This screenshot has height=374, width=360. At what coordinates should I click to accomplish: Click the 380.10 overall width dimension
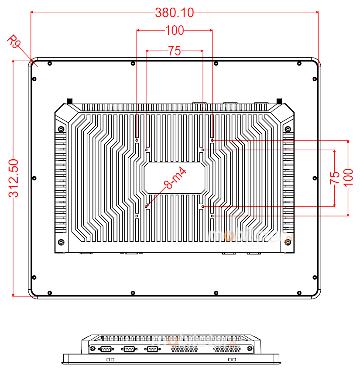click(174, 13)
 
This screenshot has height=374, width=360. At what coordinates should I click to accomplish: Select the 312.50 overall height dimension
click(14, 178)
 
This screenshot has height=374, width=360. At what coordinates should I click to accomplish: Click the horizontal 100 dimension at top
click(175, 30)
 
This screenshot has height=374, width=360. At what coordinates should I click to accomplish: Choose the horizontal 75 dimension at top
click(174, 51)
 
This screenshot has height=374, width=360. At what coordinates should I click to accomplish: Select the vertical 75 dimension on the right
click(335, 178)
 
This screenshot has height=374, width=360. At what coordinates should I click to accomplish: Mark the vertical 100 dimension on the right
click(348, 178)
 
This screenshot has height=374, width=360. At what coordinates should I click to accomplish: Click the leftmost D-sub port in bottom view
click(106, 348)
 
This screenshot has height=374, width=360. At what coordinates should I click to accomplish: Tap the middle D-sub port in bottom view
click(129, 348)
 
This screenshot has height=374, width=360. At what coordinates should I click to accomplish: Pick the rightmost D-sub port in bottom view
click(152, 348)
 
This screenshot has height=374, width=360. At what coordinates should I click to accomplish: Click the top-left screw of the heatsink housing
click(61, 129)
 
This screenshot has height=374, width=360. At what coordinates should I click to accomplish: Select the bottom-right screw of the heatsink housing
click(288, 242)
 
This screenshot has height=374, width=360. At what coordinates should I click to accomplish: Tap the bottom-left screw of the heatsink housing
click(61, 242)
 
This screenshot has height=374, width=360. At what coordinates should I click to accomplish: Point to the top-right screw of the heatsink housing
click(288, 129)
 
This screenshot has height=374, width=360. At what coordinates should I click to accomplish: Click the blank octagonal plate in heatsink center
click(174, 178)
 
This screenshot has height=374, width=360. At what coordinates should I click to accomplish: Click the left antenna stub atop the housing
click(69, 101)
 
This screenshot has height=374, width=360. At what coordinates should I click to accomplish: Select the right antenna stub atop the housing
click(279, 101)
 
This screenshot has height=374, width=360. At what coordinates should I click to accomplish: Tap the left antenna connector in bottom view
click(93, 348)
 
